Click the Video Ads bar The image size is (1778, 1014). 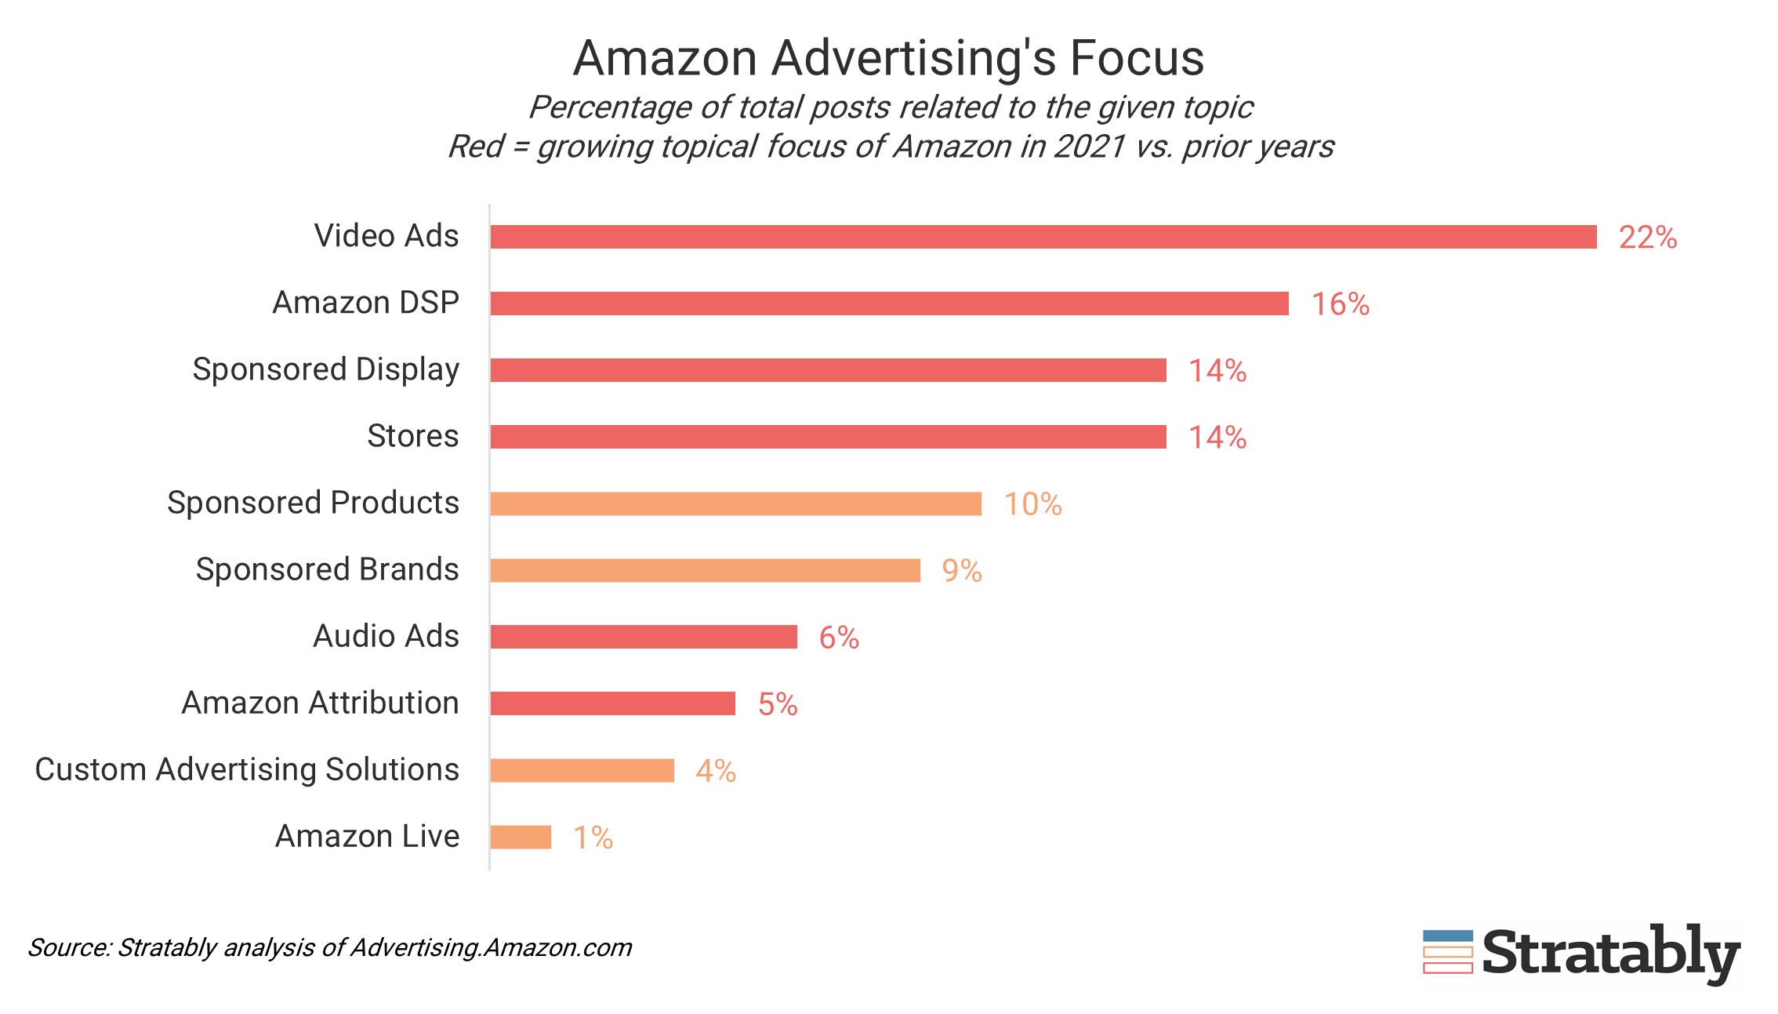click(1043, 237)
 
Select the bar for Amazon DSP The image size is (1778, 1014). click(889, 303)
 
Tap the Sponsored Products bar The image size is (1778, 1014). click(735, 503)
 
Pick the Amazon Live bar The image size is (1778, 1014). click(521, 837)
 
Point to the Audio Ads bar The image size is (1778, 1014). click(644, 637)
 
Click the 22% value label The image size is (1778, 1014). click(1647, 238)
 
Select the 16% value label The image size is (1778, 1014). click(1340, 304)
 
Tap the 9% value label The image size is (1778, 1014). click(961, 571)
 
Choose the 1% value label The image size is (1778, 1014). click(593, 838)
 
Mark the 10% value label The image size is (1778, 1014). click(1032, 504)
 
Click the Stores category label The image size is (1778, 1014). click(412, 436)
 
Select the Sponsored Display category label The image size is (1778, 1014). click(325, 369)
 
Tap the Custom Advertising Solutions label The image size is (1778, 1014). click(247, 769)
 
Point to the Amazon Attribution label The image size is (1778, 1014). click(320, 703)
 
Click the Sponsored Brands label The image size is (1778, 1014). click(327, 569)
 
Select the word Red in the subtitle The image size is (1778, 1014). click(475, 147)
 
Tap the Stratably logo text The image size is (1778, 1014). click(1610, 953)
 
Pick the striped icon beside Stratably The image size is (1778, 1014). click(1447, 952)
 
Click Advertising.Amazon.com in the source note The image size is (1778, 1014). click(491, 947)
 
